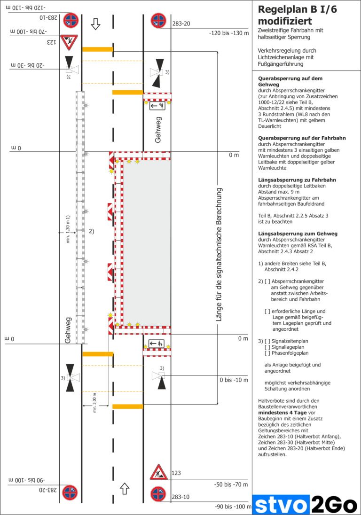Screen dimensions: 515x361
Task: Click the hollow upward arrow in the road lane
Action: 125,488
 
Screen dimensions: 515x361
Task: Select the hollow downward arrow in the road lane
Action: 96,24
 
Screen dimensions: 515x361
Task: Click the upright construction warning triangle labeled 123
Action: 158,472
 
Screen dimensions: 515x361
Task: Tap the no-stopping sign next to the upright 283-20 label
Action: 158,21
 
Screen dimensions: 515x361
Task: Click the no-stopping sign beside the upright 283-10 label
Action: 158,494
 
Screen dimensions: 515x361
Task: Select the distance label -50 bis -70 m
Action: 231,484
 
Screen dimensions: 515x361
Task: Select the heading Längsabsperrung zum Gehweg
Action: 294,234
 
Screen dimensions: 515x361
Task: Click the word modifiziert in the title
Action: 285,21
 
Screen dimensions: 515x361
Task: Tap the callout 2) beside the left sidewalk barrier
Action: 92,231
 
